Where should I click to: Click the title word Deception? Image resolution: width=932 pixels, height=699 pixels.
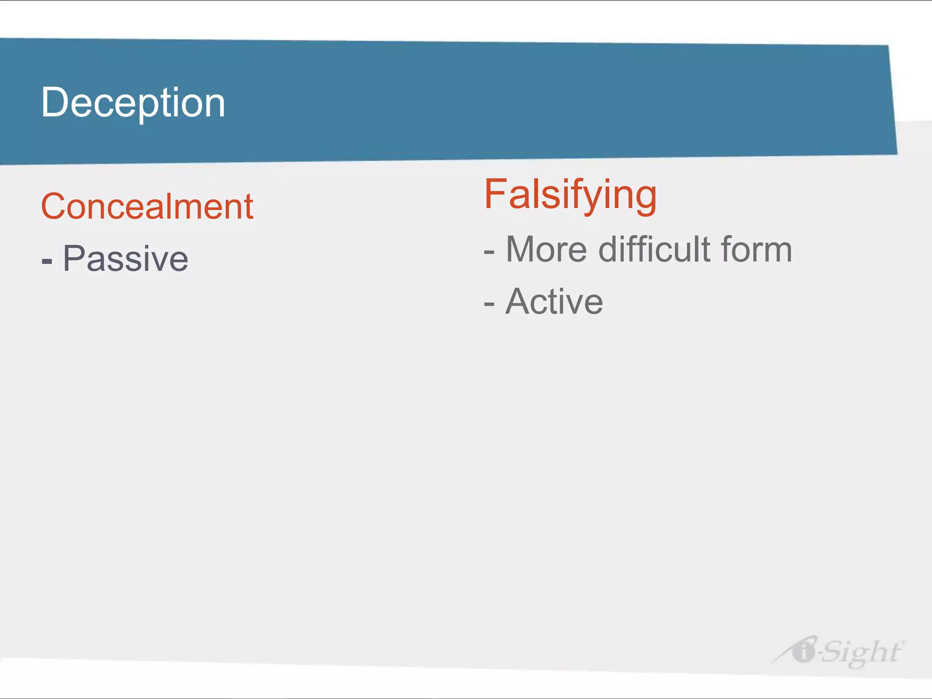coord(133,103)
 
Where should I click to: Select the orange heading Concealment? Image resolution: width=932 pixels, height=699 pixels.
coord(147,207)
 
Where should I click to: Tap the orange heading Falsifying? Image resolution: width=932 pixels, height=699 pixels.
coord(570,195)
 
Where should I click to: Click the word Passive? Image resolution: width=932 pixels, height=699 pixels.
coord(125,259)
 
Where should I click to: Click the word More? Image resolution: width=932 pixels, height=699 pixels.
coord(547,249)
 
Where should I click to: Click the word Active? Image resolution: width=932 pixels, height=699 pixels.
coord(554,301)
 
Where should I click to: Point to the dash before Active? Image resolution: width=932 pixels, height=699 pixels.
coord(489,304)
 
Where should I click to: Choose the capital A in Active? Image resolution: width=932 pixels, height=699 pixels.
coord(519,301)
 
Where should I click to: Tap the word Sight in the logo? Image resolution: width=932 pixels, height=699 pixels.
coord(860,652)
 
